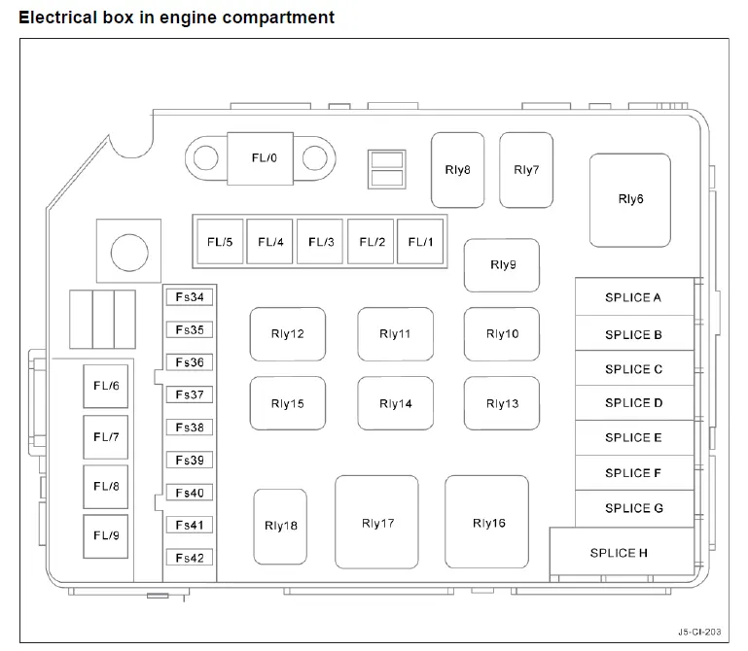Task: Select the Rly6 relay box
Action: pos(630,200)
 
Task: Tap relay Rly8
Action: pos(457,170)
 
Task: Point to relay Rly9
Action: pos(502,265)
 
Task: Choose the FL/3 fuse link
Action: pos(320,242)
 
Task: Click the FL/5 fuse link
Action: pos(220,242)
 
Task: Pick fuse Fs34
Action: pos(190,297)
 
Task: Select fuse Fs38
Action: pos(190,428)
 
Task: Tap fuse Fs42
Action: pos(190,558)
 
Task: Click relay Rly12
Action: pos(288,334)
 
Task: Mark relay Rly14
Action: pos(396,403)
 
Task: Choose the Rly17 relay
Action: pos(376,522)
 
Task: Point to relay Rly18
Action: pos(280,527)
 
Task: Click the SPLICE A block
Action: pos(634,297)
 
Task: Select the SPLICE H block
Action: pos(622,551)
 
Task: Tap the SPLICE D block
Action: pos(634,402)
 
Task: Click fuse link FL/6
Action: pos(106,386)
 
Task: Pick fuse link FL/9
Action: pos(106,536)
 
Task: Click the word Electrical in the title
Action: pos(57,17)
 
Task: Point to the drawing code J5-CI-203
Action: pos(699,632)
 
